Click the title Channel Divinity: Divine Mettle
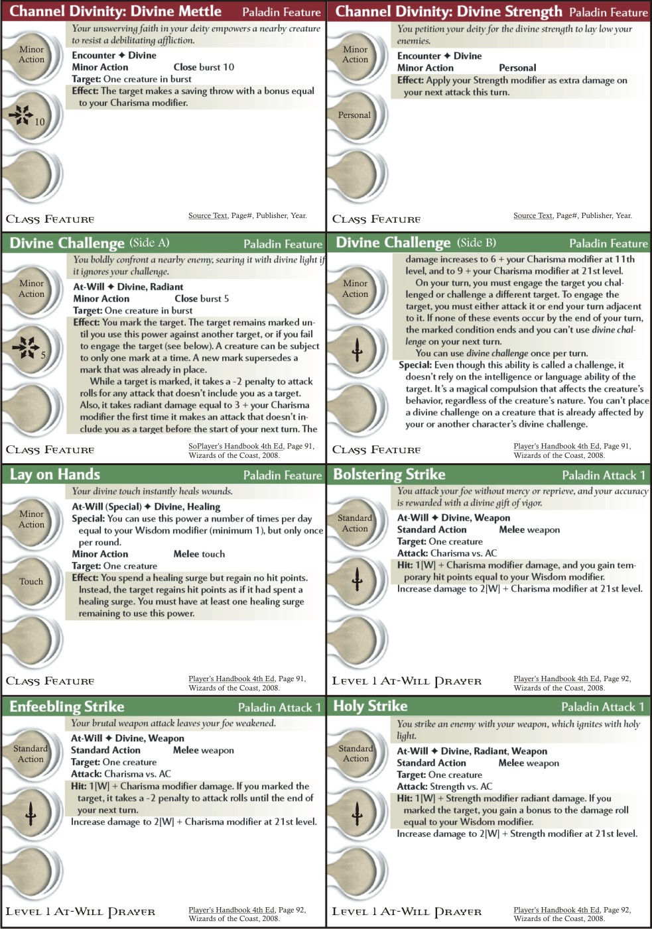tap(115, 11)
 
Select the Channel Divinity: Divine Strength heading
tap(448, 11)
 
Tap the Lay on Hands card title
tap(55, 474)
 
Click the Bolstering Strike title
tap(389, 474)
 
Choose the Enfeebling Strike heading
tap(67, 706)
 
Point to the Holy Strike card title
tap(370, 706)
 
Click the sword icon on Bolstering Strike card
tap(357, 579)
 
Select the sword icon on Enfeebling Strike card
tap(31, 812)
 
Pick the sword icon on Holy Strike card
tap(357, 812)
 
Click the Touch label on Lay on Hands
tap(31, 581)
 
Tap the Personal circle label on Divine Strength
tap(354, 115)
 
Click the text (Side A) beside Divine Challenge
tap(149, 243)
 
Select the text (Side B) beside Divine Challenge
tap(476, 243)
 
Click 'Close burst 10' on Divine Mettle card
tap(204, 67)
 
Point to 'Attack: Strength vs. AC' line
tap(444, 787)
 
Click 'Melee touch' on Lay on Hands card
tap(199, 554)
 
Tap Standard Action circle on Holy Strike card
tap(356, 753)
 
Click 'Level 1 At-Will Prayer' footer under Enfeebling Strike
tap(80, 912)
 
